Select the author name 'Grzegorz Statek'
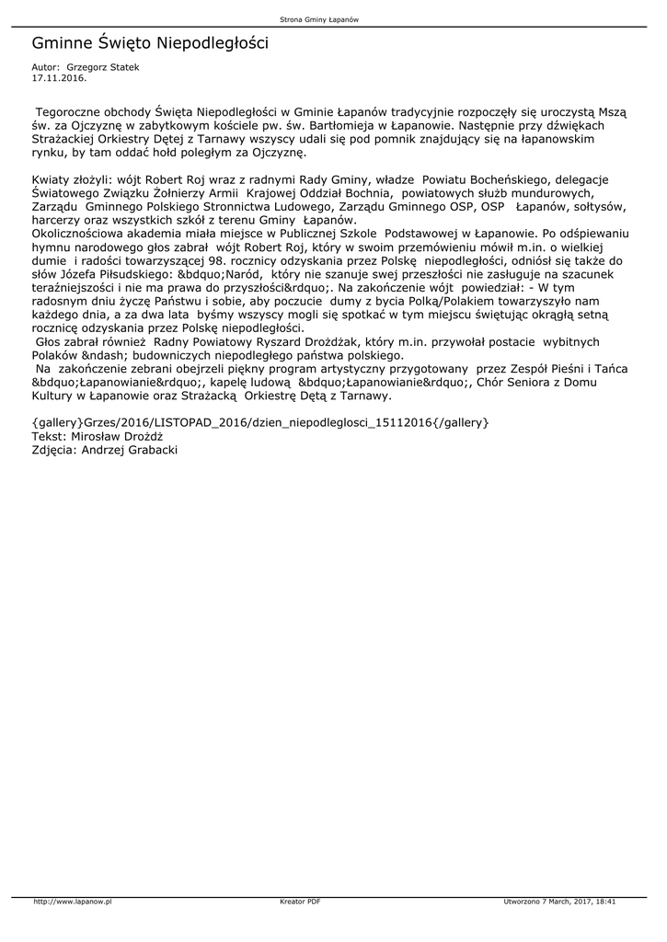103,67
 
